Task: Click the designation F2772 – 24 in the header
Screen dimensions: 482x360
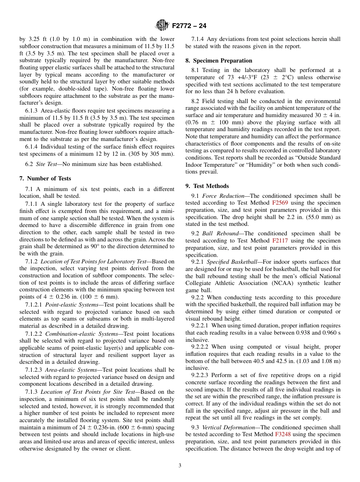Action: (x=189, y=26)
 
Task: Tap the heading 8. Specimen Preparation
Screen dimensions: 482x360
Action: (x=219, y=61)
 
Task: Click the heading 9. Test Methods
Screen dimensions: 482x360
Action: (x=207, y=186)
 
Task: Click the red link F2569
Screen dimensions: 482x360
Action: (x=280, y=203)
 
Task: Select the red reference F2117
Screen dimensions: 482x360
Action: (x=280, y=241)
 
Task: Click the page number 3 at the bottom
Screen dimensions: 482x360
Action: (x=180, y=466)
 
